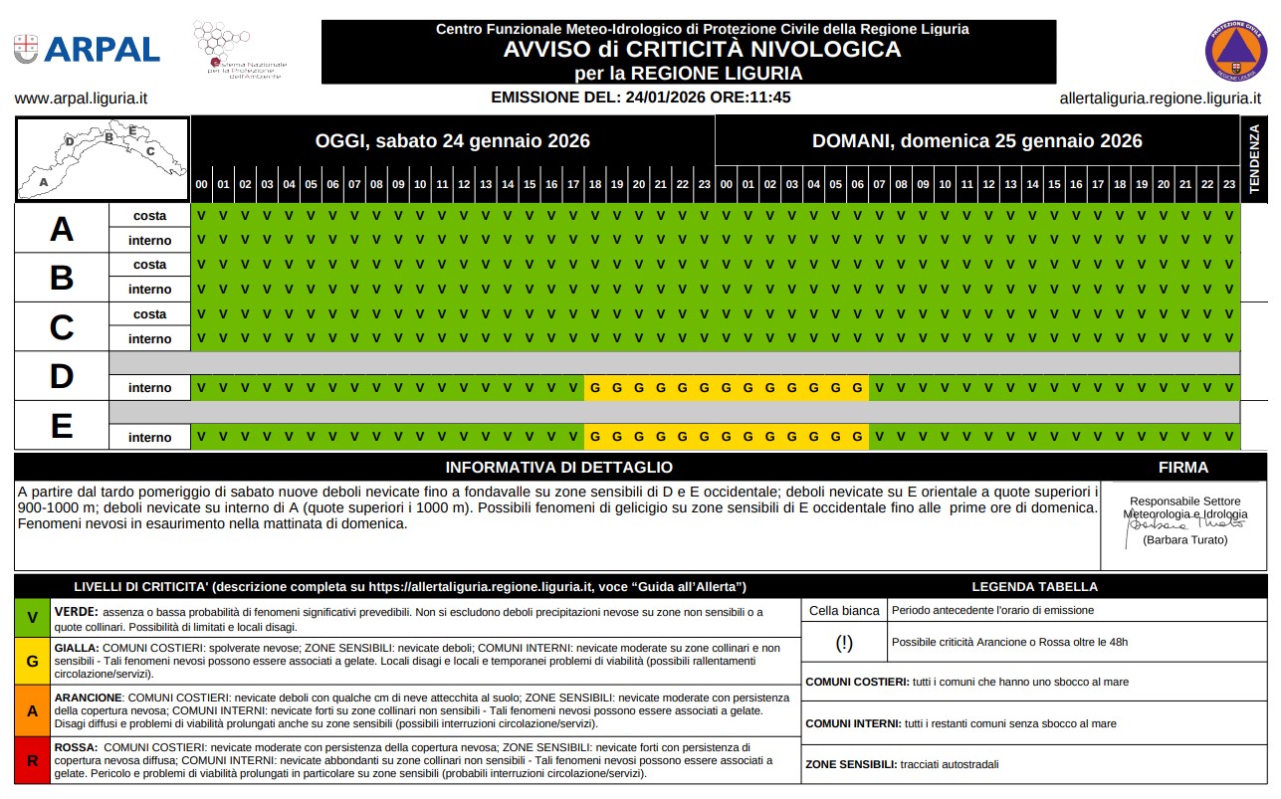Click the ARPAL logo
87,49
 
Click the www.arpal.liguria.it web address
82,99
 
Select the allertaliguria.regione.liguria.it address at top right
1160,99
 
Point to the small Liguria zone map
102,158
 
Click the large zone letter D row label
62,376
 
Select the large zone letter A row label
62,229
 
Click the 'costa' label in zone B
149,265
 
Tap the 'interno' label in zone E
149,437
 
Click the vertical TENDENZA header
1254,158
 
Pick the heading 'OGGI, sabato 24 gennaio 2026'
453,141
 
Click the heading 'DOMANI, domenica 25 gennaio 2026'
976,141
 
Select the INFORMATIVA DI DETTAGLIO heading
558,468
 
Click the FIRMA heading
1183,468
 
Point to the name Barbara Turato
1184,540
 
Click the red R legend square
33,761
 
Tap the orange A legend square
33,711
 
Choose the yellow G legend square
33,661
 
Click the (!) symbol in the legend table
844,643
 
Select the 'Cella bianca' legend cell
844,611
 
